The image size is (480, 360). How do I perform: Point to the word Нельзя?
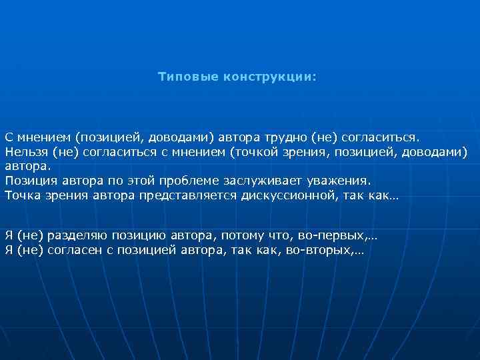[25, 151]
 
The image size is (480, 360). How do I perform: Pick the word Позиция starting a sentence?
[29, 181]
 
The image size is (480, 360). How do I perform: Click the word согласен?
[78, 250]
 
